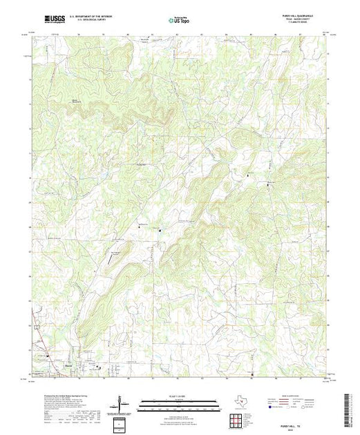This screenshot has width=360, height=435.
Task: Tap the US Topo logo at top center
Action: (179, 19)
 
